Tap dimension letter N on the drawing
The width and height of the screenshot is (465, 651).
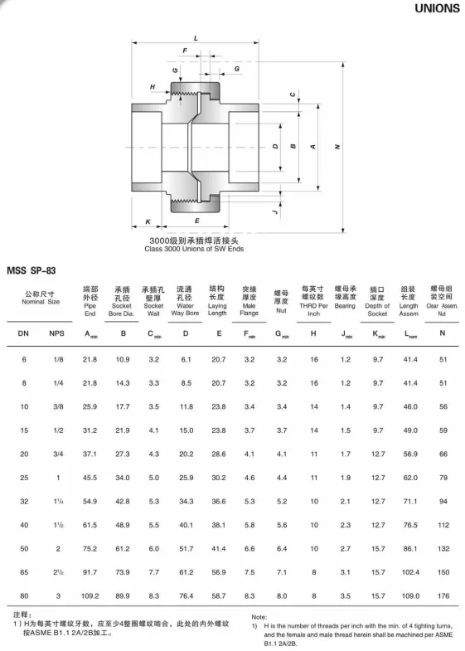pos(338,147)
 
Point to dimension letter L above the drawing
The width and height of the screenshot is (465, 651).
pos(195,39)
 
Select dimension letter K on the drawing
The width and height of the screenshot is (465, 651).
pos(148,222)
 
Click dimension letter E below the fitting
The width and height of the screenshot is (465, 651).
pos(196,222)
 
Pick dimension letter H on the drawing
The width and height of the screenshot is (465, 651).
pos(153,87)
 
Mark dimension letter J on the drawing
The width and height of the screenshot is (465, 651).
pos(273,212)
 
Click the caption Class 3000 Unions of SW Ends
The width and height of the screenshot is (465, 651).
pos(195,248)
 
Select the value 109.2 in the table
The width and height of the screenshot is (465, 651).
pos(90,595)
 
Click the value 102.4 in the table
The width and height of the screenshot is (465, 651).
pos(412,572)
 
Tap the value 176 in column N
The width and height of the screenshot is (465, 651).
pos(443,595)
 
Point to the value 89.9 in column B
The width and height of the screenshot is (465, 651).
pos(123,595)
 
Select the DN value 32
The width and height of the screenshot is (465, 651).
pos(23,502)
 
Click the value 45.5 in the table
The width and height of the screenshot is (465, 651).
pos(90,478)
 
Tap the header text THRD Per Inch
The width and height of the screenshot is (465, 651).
pos(313,310)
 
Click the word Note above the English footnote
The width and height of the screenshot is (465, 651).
pos(259,618)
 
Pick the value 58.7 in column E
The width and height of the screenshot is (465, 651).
pos(218,595)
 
